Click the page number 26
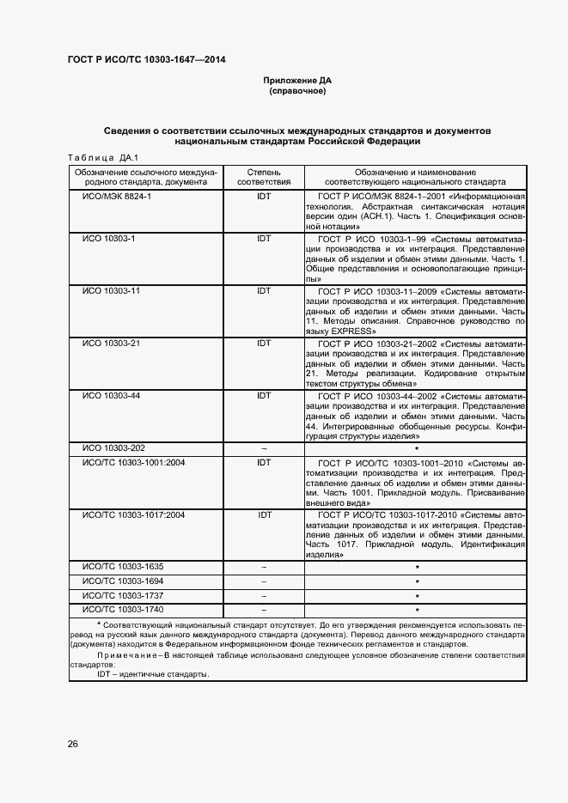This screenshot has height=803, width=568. click(73, 744)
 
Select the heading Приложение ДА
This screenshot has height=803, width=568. click(296, 81)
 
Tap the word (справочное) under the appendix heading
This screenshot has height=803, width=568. click(296, 90)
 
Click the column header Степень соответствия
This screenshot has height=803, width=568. click(264, 178)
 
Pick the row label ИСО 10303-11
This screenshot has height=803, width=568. click(111, 291)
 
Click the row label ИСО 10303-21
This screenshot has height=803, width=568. click(111, 344)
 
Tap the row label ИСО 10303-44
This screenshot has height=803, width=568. click(111, 396)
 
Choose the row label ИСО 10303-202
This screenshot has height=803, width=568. click(113, 448)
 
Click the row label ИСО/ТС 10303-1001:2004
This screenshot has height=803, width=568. click(132, 463)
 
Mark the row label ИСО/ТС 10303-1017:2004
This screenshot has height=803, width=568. click(132, 515)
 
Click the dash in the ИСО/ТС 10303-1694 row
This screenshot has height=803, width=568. click(264, 581)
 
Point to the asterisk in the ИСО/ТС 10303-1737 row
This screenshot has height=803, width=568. click(417, 596)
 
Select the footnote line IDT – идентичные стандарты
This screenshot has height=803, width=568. click(153, 674)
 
